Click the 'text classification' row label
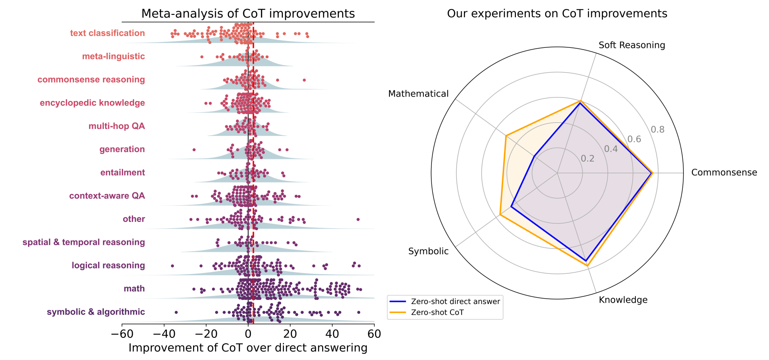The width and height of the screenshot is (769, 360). [107, 33]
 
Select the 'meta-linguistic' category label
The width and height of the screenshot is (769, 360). [113, 56]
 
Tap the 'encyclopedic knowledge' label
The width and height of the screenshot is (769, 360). [92, 103]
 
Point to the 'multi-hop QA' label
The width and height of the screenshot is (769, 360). [116, 126]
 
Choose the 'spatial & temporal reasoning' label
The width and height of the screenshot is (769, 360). [83, 242]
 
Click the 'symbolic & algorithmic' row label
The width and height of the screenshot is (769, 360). [96, 312]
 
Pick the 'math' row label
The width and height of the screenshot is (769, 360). [134, 289]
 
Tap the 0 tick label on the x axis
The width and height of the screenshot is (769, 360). [248, 334]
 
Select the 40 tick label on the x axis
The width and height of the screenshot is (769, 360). [332, 334]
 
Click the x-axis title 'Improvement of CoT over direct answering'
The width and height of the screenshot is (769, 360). [248, 348]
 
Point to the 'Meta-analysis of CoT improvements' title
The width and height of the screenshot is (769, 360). [248, 14]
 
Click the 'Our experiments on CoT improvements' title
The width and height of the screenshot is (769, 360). [557, 14]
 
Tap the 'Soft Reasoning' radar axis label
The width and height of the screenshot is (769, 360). [631, 45]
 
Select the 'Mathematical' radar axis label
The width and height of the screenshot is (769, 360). [418, 94]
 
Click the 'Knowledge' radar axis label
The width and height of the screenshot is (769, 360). [623, 300]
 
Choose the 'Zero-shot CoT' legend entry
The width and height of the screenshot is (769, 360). [437, 312]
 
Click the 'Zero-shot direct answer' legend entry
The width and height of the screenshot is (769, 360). [455, 301]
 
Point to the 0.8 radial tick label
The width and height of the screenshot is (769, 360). [658, 130]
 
